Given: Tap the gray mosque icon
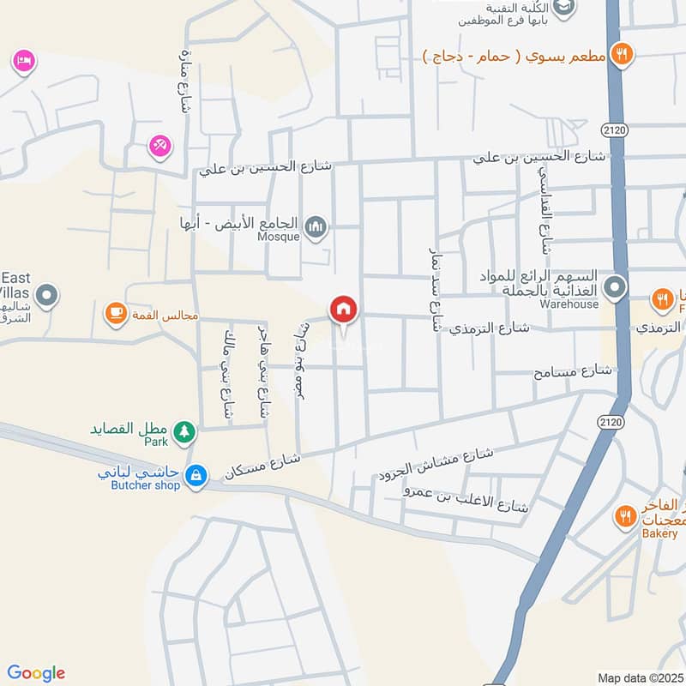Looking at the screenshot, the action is click(316, 227).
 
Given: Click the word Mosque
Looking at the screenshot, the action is click(279, 237).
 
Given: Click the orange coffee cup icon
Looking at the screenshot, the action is click(114, 315).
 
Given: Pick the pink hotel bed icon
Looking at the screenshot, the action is click(23, 61).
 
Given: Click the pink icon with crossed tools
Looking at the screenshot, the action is click(159, 146).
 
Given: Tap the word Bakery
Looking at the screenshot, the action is click(659, 533).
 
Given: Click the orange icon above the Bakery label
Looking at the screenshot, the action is click(624, 516).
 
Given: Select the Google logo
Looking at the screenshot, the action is click(36, 673).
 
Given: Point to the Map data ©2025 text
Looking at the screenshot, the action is click(639, 677).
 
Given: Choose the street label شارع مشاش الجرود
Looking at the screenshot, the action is click(435, 464).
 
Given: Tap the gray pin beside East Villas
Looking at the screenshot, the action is click(48, 297).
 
